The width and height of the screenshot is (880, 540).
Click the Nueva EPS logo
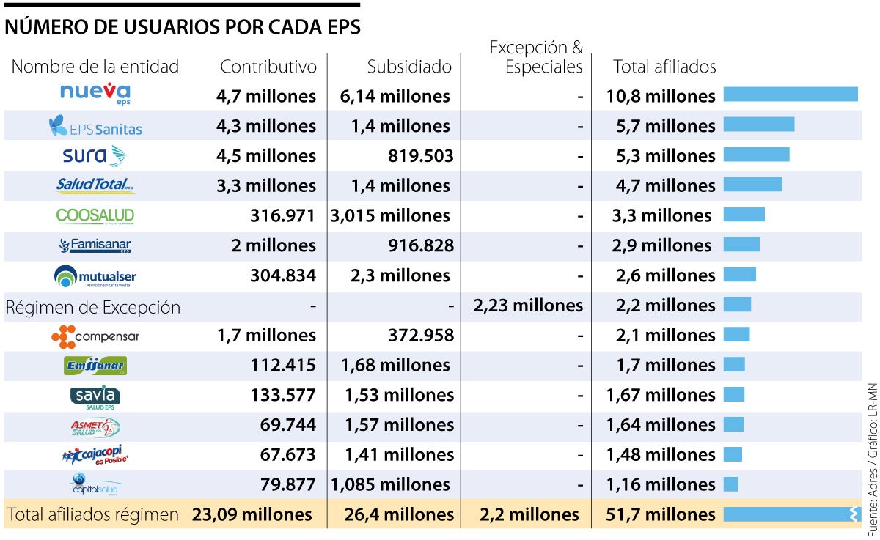(x=95, y=93)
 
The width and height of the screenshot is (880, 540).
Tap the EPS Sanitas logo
(x=95, y=127)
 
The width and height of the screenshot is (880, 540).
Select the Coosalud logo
(x=95, y=215)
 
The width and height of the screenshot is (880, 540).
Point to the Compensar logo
(x=95, y=336)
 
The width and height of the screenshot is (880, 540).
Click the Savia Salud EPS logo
(x=95, y=396)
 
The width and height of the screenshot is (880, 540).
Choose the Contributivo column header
(x=268, y=67)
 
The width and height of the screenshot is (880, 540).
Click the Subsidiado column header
(x=409, y=67)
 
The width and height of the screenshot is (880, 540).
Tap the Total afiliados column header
(x=664, y=67)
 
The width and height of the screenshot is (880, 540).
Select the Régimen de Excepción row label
(x=92, y=307)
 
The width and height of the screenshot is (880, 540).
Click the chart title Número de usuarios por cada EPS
(x=183, y=26)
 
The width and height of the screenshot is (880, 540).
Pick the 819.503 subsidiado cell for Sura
(x=420, y=156)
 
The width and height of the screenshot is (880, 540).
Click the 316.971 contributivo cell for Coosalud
(x=281, y=215)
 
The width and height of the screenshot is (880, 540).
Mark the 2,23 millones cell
(x=527, y=306)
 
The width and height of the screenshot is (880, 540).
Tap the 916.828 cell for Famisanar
(x=420, y=245)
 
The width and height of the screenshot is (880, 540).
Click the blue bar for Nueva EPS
(x=791, y=95)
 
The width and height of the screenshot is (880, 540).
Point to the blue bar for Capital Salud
(x=730, y=484)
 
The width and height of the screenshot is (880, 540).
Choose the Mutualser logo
(x=95, y=276)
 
